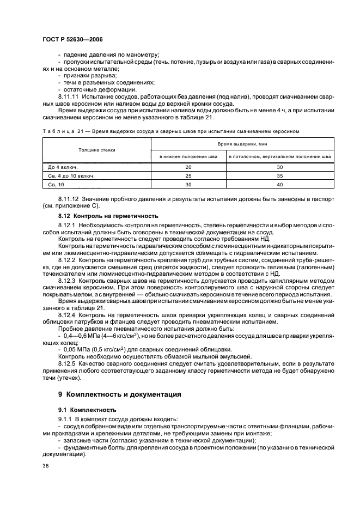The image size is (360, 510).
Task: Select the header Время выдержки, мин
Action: [242, 143]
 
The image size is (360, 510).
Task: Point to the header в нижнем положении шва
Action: [188, 156]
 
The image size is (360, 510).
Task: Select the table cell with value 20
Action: [188, 166]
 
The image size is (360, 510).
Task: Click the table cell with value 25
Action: [188, 175]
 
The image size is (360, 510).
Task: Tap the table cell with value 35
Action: [280, 175]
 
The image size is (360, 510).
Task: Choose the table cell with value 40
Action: [280, 185]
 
